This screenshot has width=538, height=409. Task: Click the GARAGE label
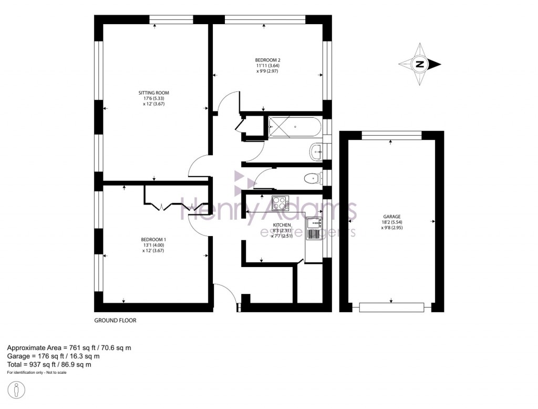point(392,217)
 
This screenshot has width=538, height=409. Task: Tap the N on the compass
point(420,65)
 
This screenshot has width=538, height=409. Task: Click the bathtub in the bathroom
point(294,127)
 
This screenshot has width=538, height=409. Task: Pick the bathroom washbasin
point(317,151)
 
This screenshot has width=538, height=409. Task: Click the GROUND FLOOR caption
point(115,320)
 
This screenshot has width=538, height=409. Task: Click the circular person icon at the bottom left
point(17,391)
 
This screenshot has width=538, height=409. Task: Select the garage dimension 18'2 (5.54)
point(392,222)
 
